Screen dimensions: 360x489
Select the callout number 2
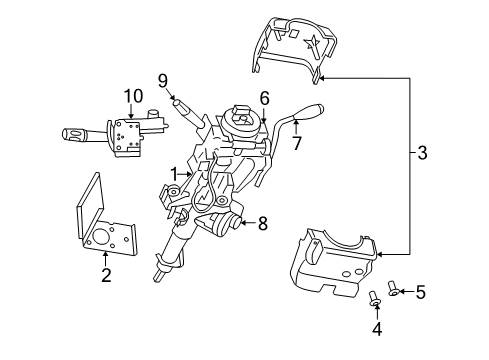pyautogui.click(x=105, y=274)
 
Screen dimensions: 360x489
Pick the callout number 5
pyautogui.click(x=421, y=293)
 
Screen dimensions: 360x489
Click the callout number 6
pyautogui.click(x=264, y=98)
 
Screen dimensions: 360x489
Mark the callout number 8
pyautogui.click(x=262, y=224)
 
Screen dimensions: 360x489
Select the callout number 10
pyautogui.click(x=128, y=98)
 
